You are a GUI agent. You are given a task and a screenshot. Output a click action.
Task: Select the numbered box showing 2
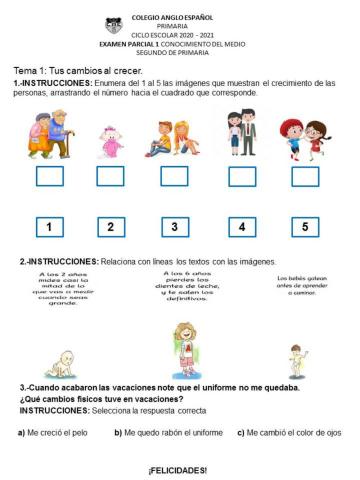tap(111, 227)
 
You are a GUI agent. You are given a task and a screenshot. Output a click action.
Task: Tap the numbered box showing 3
tap(175, 227)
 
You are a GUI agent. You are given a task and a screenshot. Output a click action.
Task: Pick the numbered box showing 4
tap(241, 227)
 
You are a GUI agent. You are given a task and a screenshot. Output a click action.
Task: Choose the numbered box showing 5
tap(305, 227)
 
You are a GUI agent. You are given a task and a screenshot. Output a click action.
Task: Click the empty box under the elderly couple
tap(49, 177)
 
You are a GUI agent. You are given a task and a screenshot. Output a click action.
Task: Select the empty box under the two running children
tap(305, 177)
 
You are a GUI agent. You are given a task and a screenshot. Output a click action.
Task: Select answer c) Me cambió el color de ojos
tap(289, 433)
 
